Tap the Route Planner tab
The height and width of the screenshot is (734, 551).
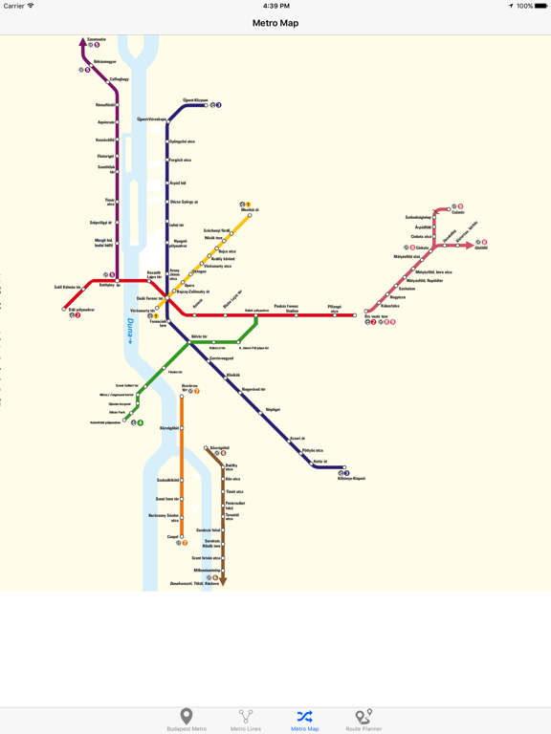click(x=363, y=720)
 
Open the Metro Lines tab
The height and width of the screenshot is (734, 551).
click(x=246, y=720)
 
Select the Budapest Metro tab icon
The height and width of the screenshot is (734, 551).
click(x=187, y=720)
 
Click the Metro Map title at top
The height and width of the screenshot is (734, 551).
click(x=275, y=23)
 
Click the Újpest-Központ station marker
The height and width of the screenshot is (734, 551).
click(x=206, y=105)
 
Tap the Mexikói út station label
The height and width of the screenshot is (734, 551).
click(x=250, y=209)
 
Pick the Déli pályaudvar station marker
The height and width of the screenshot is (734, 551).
click(x=64, y=309)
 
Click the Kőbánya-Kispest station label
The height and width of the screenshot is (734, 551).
click(x=351, y=479)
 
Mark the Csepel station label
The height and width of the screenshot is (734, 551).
click(x=173, y=537)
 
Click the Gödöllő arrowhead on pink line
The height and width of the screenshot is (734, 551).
click(x=470, y=246)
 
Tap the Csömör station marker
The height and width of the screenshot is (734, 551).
click(x=450, y=207)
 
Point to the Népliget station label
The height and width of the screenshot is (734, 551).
click(x=273, y=409)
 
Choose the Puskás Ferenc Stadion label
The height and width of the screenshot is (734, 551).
click(x=286, y=308)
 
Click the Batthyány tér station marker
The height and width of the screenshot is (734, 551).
click(x=117, y=281)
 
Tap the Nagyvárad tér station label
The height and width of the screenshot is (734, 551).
click(x=253, y=389)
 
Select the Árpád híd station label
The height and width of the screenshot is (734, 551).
click(x=178, y=183)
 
